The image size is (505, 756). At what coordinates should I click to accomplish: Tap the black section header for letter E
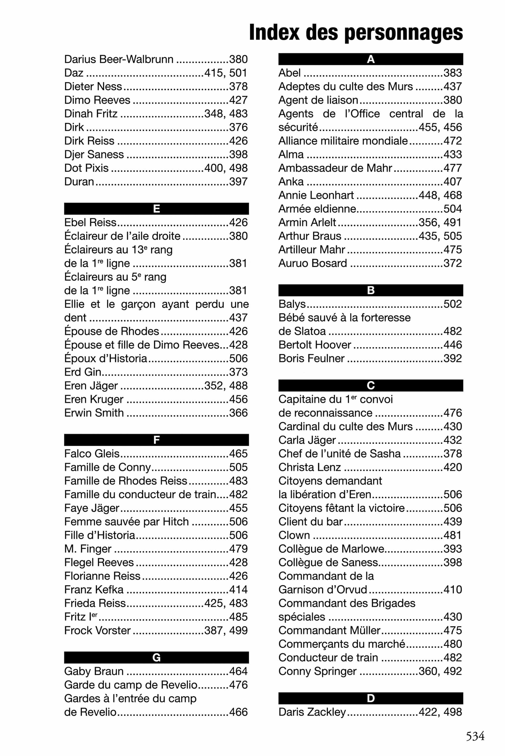(x=156, y=209)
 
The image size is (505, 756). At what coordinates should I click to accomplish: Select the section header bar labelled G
(x=156, y=657)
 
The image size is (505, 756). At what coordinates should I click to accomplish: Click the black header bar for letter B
(x=370, y=290)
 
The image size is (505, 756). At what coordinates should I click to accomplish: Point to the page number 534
(x=475, y=736)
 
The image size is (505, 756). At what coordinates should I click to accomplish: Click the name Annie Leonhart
(x=316, y=195)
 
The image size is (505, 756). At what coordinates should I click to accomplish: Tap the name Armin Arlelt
(x=307, y=222)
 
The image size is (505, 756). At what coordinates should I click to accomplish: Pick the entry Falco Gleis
(x=92, y=453)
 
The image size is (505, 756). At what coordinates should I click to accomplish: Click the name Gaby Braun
(x=94, y=671)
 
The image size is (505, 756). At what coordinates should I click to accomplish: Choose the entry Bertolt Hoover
(x=315, y=345)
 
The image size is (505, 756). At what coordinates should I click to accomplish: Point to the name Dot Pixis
(x=86, y=168)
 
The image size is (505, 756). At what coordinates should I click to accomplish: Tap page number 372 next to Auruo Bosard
(x=452, y=263)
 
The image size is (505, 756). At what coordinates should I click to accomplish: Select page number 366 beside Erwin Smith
(x=238, y=413)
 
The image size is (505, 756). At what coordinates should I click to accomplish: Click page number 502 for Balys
(x=452, y=304)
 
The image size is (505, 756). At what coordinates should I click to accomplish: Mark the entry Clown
(x=294, y=535)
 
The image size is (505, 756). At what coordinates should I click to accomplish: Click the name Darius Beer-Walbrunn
(x=119, y=59)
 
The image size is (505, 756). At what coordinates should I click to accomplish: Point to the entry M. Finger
(x=88, y=549)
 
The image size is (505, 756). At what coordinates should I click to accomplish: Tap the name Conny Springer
(x=317, y=671)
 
